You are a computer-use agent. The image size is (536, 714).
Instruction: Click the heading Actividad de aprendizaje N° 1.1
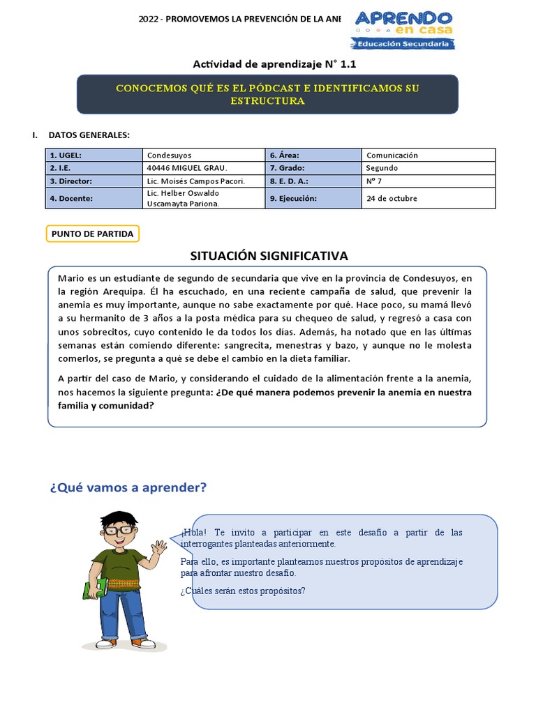coord(269,64)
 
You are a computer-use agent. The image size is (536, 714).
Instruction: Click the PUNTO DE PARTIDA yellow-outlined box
coord(93,234)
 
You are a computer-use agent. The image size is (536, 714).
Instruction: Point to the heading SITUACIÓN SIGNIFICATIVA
coord(269,256)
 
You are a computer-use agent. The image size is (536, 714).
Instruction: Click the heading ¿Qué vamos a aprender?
coord(128,487)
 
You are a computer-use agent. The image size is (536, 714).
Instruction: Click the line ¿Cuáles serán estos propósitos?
coord(243,591)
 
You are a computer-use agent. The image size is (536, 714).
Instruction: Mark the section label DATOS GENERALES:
coord(89,135)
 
